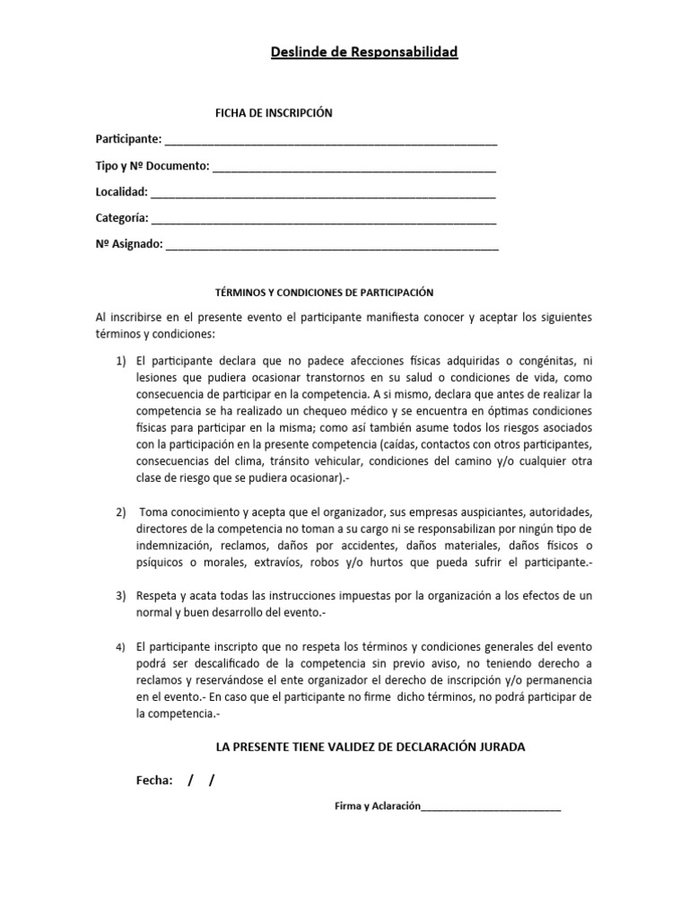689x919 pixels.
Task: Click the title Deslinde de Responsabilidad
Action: (364, 53)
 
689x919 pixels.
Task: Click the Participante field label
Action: (129, 139)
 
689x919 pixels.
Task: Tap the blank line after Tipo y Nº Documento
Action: (354, 168)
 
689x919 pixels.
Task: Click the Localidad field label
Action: (122, 192)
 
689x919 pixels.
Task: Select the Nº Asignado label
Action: (129, 244)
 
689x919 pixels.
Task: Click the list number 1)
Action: (121, 360)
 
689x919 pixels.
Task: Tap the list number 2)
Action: (121, 512)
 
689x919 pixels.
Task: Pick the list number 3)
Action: (121, 596)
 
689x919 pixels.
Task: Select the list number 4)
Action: (121, 647)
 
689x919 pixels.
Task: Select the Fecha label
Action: (153, 781)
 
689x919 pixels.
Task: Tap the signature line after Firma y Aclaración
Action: (491, 810)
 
